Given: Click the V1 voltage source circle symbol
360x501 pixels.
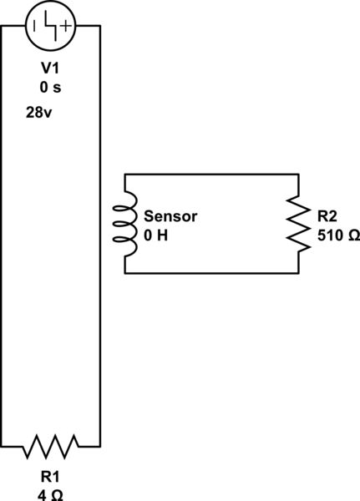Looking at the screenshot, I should [51, 25].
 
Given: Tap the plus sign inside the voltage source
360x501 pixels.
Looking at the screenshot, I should [66, 26].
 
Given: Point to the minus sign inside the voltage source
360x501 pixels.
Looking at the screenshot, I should [35, 26].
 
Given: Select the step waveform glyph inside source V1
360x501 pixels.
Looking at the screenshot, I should [51, 25].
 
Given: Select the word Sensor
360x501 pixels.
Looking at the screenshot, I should [170, 215].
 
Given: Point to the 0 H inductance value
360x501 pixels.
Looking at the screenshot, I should [156, 235].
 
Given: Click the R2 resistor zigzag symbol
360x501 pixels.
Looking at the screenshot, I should [298, 222].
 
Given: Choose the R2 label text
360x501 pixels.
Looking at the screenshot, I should [327, 216].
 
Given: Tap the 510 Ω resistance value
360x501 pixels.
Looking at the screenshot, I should [337, 235].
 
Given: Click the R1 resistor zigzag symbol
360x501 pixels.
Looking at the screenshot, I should [51, 447].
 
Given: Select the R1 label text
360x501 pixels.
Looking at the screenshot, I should [50, 478].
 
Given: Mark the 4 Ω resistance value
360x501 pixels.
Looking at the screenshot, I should [50, 494].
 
